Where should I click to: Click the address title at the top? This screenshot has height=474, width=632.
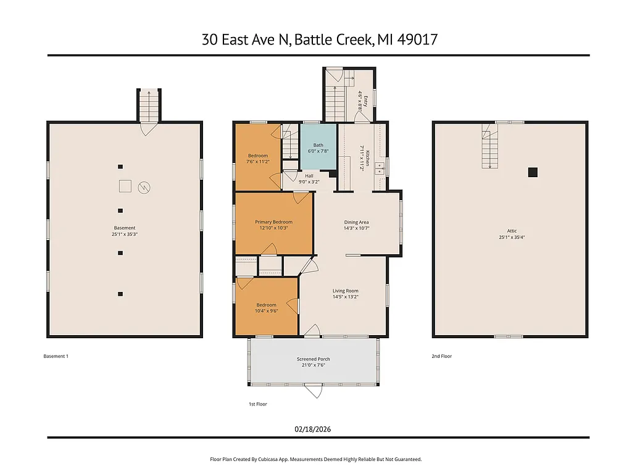pos(320,39)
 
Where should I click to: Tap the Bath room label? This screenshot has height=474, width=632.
pos(318,145)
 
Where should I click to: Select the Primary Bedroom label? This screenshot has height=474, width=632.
pos(273,222)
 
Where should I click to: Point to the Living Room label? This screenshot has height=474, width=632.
pos(345,291)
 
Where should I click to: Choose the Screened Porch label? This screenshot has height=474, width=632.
pos(315,359)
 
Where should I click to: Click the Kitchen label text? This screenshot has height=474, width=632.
pos(367,158)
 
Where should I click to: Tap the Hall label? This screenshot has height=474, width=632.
pos(310,176)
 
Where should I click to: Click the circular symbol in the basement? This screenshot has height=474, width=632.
pos(144,186)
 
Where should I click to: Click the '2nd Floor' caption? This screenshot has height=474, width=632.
pos(441,356)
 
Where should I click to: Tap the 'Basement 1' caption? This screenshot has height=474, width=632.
pos(56,356)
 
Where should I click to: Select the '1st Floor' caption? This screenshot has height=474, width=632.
pos(257,404)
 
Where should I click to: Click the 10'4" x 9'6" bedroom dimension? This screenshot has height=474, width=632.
pos(267,311)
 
